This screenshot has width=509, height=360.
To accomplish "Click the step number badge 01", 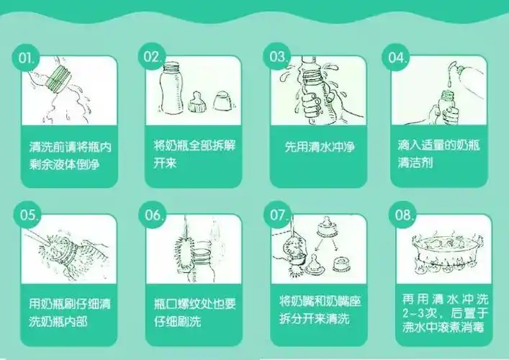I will (27, 58).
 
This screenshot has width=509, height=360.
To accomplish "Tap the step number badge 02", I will (153, 58).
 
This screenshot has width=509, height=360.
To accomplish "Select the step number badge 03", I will (279, 58).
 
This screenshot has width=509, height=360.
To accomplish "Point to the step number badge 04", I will (400, 58).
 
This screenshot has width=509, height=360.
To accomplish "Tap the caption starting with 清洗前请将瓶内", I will (69, 155).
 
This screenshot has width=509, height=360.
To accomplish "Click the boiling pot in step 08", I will (438, 252).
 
